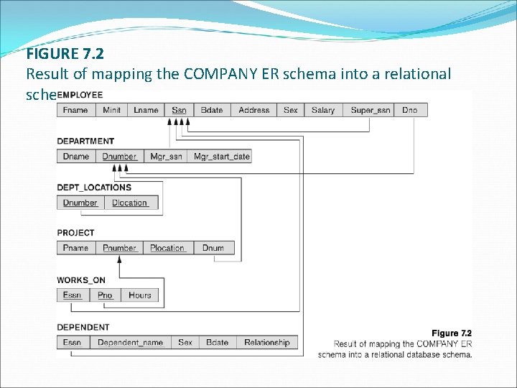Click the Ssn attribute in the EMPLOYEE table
click(x=180, y=110)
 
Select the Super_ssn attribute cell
click(x=371, y=110)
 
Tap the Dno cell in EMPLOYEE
click(x=409, y=110)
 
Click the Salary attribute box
click(x=323, y=110)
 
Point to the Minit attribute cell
click(x=112, y=110)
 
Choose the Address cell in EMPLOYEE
click(x=254, y=110)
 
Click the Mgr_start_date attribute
click(x=220, y=157)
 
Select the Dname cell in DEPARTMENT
click(x=76, y=157)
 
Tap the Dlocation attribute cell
click(x=130, y=203)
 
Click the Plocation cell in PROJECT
click(x=167, y=248)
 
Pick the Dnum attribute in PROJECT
click(x=213, y=248)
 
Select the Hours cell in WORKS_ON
click(x=140, y=295)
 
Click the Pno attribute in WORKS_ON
click(x=106, y=295)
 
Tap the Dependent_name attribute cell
click(x=131, y=343)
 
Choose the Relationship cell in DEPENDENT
click(x=266, y=343)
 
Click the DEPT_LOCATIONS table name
click(x=94, y=188)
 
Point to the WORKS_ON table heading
click(x=81, y=280)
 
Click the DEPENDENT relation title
click(x=83, y=328)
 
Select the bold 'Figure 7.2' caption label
click(x=451, y=333)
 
